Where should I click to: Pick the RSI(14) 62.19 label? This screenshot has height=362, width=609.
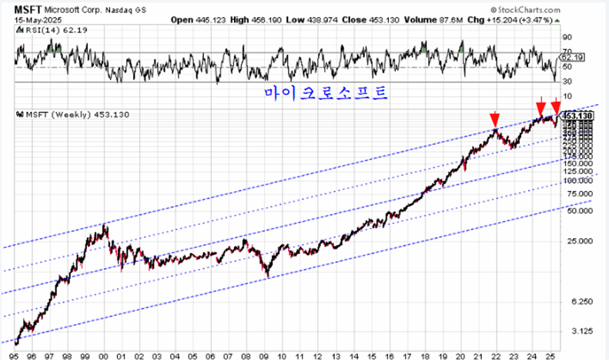point(49,32)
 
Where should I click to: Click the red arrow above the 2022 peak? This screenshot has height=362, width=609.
point(494,119)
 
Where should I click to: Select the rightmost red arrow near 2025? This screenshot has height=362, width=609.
point(557,107)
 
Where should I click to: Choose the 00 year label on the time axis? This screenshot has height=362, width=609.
point(104,356)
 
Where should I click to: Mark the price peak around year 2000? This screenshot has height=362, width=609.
point(105,224)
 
